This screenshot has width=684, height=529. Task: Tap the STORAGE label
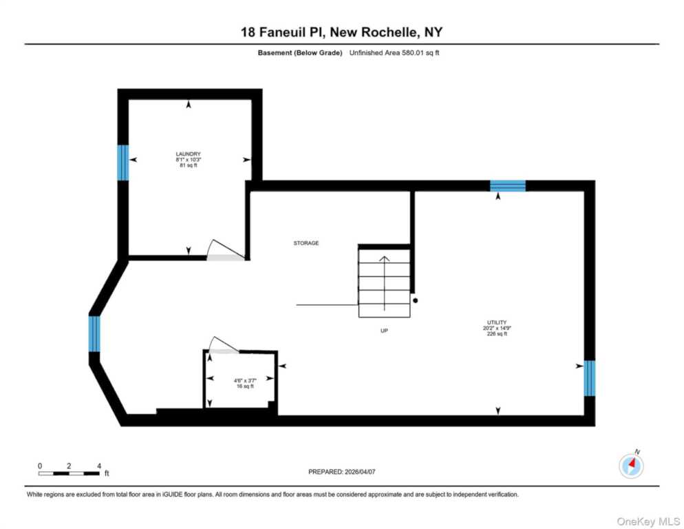tap(306, 243)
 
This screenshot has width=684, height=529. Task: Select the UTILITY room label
tap(497, 322)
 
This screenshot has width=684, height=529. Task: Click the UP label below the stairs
tap(385, 331)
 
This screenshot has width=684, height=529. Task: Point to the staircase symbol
tap(384, 282)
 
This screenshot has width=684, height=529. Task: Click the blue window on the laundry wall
tap(123, 163)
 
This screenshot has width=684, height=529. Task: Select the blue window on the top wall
tap(508, 185)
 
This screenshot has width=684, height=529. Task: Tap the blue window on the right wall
tap(589, 378)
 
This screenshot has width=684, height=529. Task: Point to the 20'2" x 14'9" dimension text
tap(497, 329)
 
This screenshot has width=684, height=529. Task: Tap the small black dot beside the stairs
tap(415, 300)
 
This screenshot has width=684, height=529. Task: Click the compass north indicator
tap(631, 466)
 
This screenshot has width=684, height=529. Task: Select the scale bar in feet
tap(69, 473)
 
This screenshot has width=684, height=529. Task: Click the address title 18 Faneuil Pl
tap(341, 32)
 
